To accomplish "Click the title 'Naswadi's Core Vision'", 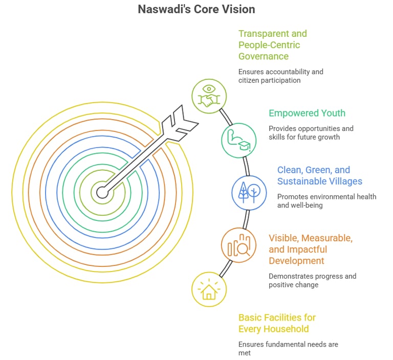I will tap(196, 9).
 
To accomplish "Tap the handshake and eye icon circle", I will tap(209, 96).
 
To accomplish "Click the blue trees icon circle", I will tap(249, 192).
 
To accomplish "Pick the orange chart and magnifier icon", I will tap(238, 245).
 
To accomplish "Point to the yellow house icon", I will tap(209, 289).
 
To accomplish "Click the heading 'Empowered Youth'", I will tap(307, 113).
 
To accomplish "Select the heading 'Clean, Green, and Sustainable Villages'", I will tap(319, 175).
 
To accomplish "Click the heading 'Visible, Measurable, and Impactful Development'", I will tap(311, 250).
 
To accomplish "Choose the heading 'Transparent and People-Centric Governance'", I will tap(273, 44).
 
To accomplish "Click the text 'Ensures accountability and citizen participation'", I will tap(280, 76).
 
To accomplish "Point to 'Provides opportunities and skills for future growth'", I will tap(311, 133).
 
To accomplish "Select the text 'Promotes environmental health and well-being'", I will tap(326, 201).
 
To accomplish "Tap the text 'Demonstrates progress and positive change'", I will tap(312, 280).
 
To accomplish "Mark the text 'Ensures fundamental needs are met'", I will tap(288, 349).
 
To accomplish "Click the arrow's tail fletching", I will tap(179, 121).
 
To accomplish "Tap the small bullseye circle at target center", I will tap(102, 193).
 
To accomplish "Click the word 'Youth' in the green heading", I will tap(332, 113).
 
